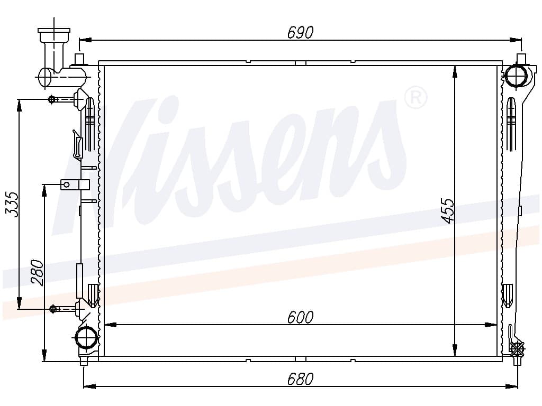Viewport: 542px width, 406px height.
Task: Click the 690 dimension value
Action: (x=301, y=32)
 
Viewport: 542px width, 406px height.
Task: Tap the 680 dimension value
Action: (x=301, y=379)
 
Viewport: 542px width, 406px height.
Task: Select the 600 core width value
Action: (x=301, y=317)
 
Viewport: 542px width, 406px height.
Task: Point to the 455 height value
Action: (x=448, y=210)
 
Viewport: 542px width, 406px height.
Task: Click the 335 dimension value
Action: (x=12, y=205)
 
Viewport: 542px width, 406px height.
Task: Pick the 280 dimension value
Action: (x=38, y=273)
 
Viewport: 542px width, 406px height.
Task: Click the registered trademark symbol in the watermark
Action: (x=416, y=98)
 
